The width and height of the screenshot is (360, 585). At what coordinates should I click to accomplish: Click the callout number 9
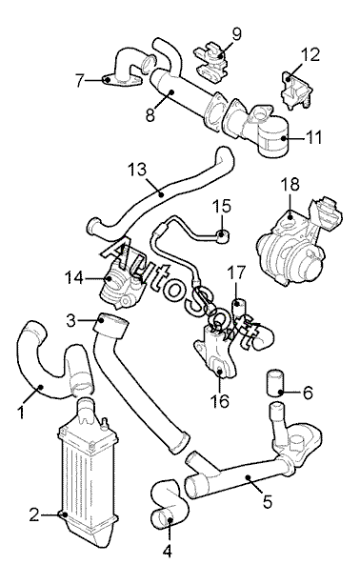(236, 34)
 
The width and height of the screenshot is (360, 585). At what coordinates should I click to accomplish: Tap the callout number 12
(310, 55)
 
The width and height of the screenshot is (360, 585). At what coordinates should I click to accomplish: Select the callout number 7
(80, 80)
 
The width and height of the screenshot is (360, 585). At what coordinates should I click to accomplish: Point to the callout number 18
(290, 184)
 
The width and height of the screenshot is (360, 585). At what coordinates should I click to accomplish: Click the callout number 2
(34, 515)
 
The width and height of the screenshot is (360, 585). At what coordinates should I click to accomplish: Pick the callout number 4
(168, 551)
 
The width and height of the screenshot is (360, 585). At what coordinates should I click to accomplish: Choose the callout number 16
(219, 401)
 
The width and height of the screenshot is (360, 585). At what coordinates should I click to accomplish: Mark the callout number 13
(137, 170)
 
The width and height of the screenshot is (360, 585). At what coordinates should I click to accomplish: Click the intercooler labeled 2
(87, 474)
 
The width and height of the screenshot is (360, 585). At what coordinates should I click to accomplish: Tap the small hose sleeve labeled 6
(275, 382)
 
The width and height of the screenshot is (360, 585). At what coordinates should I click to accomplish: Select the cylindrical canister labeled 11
(273, 137)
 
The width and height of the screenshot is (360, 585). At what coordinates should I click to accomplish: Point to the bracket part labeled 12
(296, 90)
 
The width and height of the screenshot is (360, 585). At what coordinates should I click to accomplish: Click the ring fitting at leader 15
(223, 236)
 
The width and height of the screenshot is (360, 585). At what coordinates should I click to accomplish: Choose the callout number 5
(268, 501)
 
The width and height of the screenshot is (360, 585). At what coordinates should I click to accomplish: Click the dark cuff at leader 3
(110, 326)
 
